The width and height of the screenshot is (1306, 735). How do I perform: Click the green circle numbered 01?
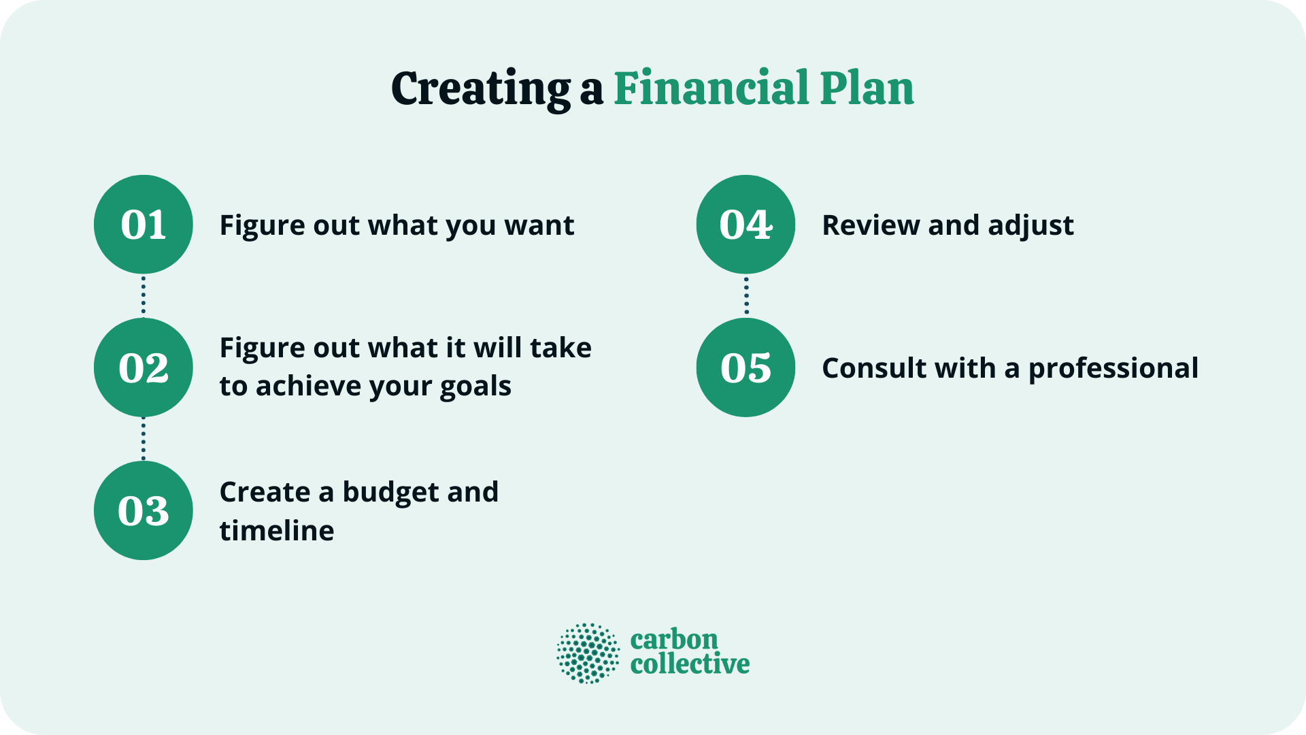(144, 225)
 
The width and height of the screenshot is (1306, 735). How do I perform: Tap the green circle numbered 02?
(144, 367)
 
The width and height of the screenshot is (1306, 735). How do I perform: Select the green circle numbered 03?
(144, 510)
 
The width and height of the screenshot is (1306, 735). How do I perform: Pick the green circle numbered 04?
(746, 225)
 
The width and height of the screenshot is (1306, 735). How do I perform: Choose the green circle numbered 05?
(746, 367)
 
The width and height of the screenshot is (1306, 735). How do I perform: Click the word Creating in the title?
(481, 88)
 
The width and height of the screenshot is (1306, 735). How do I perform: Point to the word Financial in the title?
(711, 88)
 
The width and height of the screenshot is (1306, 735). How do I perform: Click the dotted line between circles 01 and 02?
(144, 296)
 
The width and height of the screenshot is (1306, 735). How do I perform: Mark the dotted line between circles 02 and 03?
(144, 439)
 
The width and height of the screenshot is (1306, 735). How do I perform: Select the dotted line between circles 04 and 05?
(746, 296)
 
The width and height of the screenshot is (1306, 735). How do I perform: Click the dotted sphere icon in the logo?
(588, 653)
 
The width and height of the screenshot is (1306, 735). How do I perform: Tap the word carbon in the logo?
(674, 640)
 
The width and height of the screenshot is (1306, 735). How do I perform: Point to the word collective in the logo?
(690, 664)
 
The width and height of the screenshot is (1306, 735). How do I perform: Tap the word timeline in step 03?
(277, 531)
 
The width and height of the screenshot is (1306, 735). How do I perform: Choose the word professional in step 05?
(1113, 369)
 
